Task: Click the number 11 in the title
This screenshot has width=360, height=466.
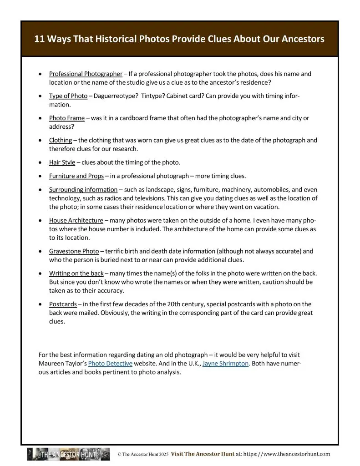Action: (x=40, y=39)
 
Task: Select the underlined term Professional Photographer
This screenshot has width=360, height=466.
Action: (x=86, y=74)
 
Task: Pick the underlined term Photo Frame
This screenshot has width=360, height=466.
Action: (x=67, y=118)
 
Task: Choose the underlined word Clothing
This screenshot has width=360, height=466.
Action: (x=61, y=140)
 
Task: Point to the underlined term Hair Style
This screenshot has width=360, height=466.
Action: (x=62, y=162)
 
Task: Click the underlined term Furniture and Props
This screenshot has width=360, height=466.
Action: (x=76, y=176)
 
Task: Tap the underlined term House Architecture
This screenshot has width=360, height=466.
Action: (x=76, y=220)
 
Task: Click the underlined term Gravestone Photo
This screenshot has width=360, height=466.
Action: (x=74, y=251)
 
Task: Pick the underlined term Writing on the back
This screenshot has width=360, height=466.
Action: (x=76, y=274)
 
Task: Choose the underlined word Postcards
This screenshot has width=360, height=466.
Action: (x=63, y=304)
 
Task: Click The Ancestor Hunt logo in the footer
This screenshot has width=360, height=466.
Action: (x=68, y=454)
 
